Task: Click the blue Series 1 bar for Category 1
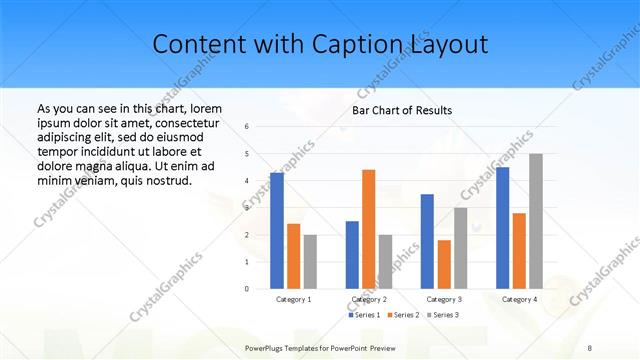pos(277,230)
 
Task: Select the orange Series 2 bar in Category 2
pos(369,229)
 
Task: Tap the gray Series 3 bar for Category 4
pos(536,221)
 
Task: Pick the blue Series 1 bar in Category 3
pos(427,241)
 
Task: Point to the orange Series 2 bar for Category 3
pos(444,264)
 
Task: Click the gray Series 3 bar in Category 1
pos(310,261)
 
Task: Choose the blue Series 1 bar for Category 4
pos(503,227)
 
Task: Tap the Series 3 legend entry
pos(444,315)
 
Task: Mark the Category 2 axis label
pos(369,299)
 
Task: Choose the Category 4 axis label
pos(519,299)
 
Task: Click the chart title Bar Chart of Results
pos(402,110)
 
